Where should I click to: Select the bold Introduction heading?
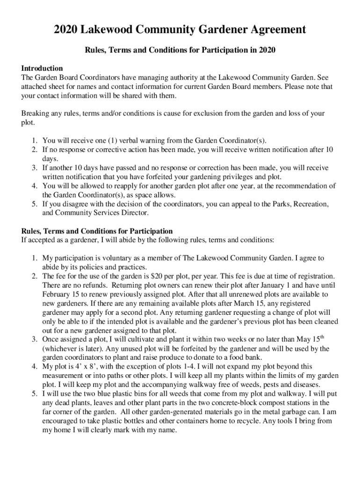point(42,68)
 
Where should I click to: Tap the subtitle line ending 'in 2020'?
point(180,50)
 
